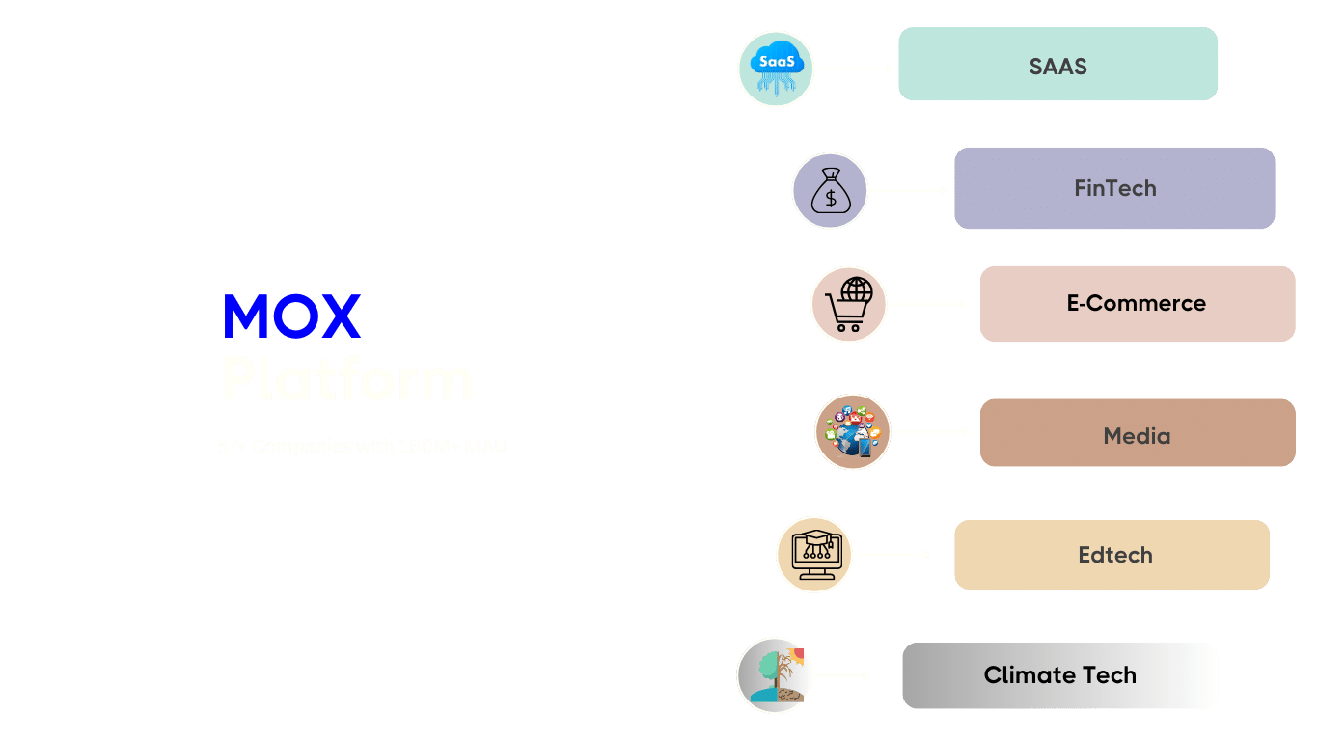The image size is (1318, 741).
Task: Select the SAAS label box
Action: click(x=1057, y=65)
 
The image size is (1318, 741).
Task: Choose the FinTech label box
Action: click(x=1114, y=188)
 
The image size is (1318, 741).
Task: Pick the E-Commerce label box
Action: click(x=1137, y=304)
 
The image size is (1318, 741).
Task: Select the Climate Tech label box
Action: click(x=1059, y=675)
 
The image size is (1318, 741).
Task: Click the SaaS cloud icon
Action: click(x=776, y=69)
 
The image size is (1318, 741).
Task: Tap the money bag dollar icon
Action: click(x=830, y=191)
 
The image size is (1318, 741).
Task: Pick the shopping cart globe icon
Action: click(x=848, y=305)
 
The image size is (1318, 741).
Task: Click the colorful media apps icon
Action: click(x=852, y=432)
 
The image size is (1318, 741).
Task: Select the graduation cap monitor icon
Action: click(x=814, y=555)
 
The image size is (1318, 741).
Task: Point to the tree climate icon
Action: click(x=775, y=675)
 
